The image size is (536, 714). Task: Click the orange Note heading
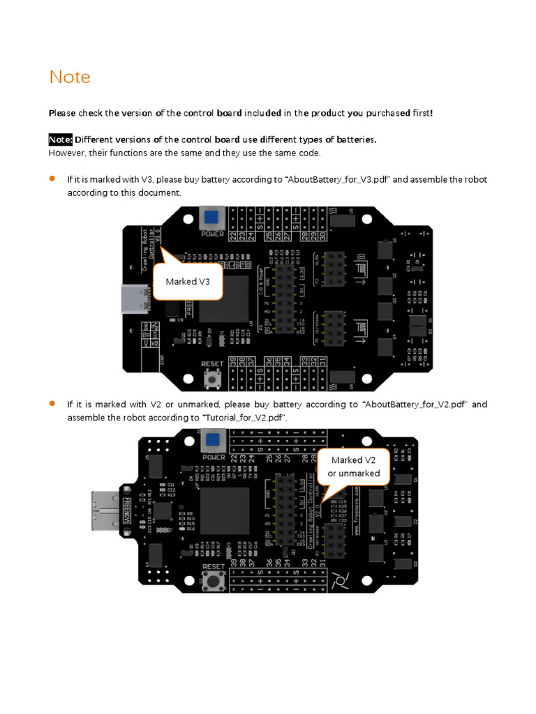[x=70, y=77]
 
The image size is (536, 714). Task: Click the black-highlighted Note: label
[x=61, y=139]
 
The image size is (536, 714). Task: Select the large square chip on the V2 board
[x=225, y=511]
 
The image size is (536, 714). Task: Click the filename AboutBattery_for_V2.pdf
[x=415, y=405]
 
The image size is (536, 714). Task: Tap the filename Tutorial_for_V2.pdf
[x=244, y=418]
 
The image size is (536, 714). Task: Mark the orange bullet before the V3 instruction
[x=52, y=179]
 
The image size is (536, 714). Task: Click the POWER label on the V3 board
[x=212, y=234]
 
